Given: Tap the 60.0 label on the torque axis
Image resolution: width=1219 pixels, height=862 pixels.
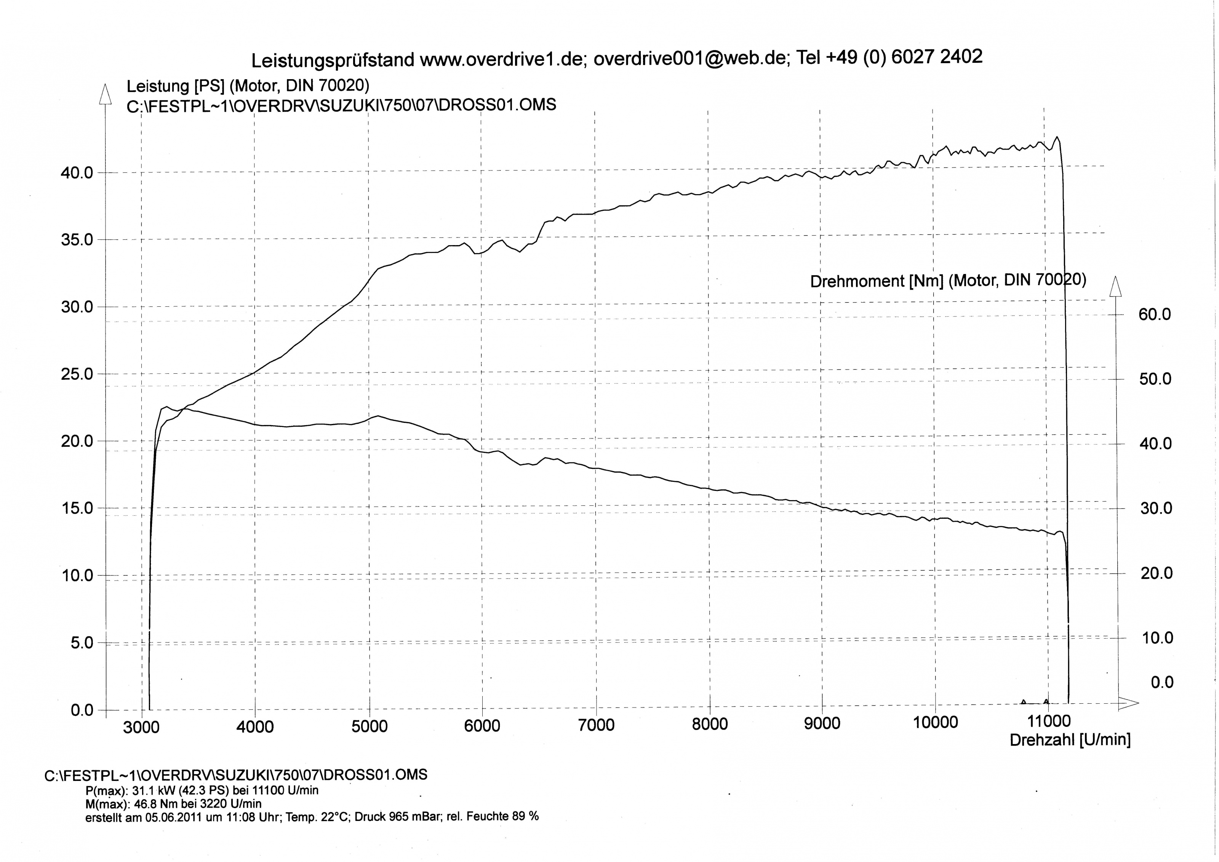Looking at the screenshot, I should coord(1155,314).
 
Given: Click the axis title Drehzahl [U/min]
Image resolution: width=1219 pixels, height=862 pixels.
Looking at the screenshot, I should coord(1070,739).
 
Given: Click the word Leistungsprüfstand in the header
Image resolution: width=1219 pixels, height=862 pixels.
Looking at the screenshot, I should coord(333,61).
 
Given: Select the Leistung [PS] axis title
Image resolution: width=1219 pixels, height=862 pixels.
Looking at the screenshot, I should coord(175,86).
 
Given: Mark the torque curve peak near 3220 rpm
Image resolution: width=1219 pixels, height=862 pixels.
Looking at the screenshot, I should coord(167,407).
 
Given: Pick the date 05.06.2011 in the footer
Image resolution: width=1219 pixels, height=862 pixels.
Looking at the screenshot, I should coord(173,817).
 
